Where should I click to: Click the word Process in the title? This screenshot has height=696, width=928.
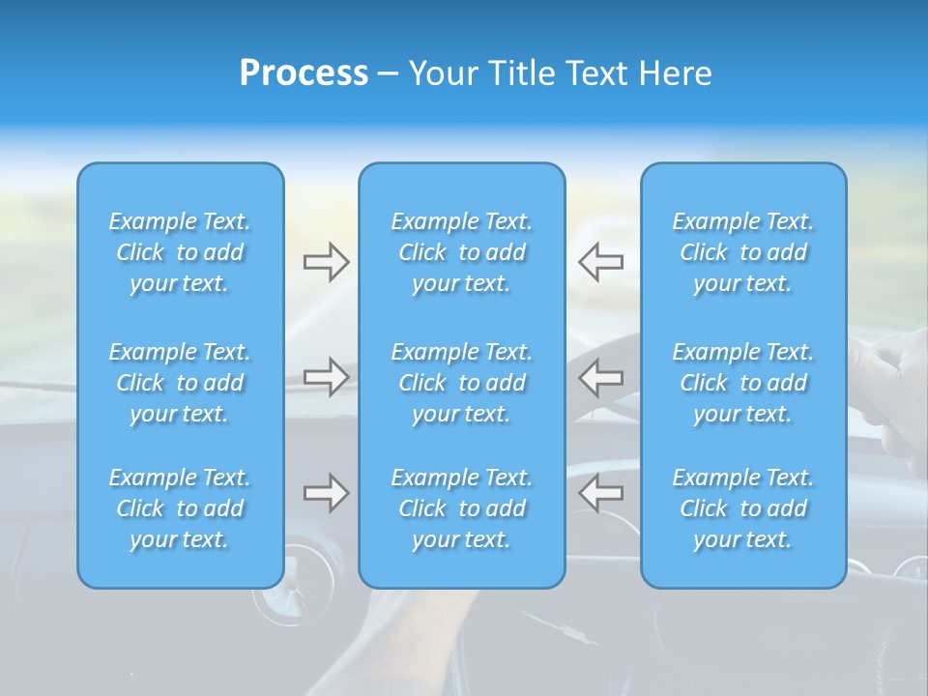coord(304,73)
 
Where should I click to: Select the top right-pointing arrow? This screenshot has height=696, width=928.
coord(326,262)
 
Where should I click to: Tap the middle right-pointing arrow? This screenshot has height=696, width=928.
coord(326,376)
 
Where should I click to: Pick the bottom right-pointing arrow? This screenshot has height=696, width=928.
coord(326,493)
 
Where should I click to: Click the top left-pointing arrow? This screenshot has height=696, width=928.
coord(600,262)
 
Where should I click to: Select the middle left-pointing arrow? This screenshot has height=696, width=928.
coord(600,376)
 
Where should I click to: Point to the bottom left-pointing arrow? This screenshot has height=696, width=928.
coord(600,493)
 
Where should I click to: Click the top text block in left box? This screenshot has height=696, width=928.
coord(180,252)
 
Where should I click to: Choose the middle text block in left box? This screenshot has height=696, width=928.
coord(180,383)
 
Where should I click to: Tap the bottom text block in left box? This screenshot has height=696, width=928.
coord(180,508)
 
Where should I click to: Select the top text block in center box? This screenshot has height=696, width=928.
coord(461,252)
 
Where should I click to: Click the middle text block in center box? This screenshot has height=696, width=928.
coord(461,383)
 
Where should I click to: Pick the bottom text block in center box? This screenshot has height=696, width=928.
coord(461,508)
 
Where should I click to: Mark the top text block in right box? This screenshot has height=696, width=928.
coord(742,252)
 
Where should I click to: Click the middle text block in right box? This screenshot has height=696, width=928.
coord(742,383)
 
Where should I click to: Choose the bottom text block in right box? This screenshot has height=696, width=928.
coord(742,508)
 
